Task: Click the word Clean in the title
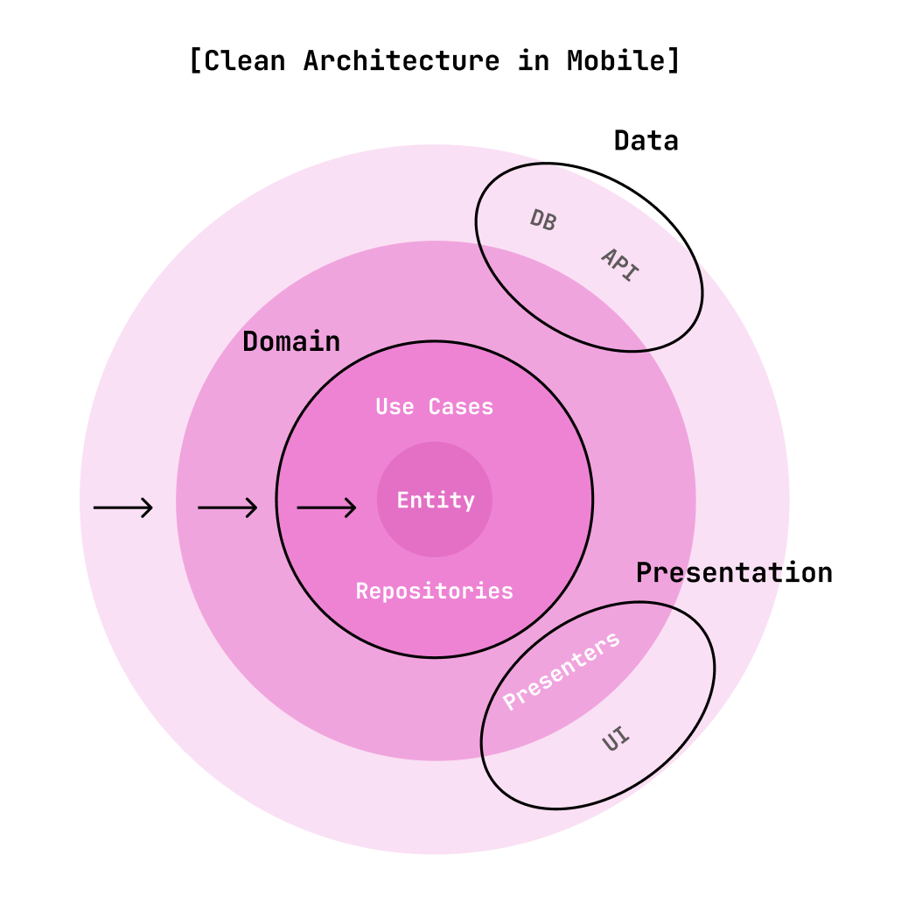click(246, 61)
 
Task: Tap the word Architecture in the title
click(402, 61)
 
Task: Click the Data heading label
click(646, 141)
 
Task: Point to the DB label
click(542, 220)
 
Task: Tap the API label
click(620, 264)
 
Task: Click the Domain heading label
click(291, 342)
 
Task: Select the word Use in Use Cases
click(395, 407)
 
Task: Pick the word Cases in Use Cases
click(461, 407)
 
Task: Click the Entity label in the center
click(436, 500)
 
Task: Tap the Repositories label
click(434, 591)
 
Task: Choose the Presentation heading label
click(734, 573)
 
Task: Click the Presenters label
click(562, 671)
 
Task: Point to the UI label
click(616, 740)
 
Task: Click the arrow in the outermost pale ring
click(123, 507)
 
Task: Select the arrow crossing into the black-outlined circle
click(227, 507)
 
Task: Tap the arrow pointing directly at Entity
click(326, 507)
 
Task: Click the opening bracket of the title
click(196, 61)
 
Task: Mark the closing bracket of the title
click(674, 61)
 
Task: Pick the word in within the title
click(533, 61)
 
